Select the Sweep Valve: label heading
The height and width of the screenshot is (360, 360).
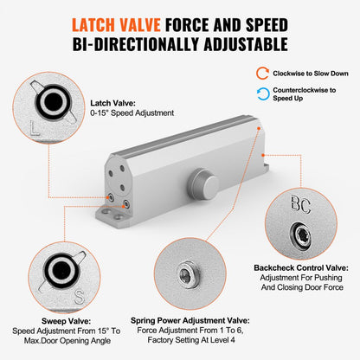pos(61,318)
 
